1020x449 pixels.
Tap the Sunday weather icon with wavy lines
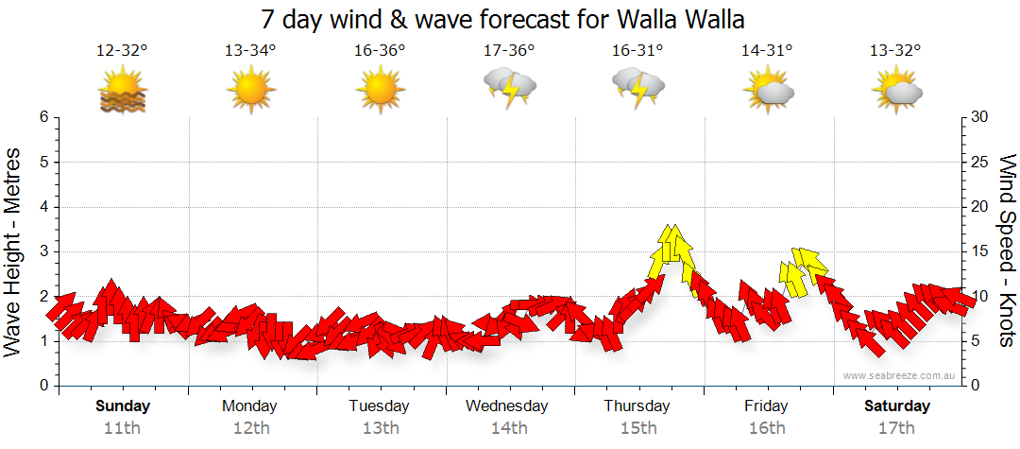[123, 90]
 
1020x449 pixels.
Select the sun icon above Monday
[251, 90]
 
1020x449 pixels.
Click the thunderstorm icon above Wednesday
[510, 88]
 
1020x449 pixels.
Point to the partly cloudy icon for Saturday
[896, 90]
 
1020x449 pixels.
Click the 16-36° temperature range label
[380, 51]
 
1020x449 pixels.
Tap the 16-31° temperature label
[637, 51]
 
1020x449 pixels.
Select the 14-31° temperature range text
[767, 51]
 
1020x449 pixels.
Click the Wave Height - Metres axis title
[15, 251]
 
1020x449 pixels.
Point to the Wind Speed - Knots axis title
[1005, 251]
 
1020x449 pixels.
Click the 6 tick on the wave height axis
[43, 117]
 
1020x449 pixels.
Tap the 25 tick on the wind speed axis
[979, 162]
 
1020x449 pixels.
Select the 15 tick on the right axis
[979, 251]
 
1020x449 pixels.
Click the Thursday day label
[637, 406]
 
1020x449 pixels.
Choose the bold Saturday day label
[896, 406]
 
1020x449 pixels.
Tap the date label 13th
[380, 427]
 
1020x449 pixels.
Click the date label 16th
[767, 427]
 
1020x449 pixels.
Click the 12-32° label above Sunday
[122, 51]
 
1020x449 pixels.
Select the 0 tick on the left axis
[43, 386]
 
